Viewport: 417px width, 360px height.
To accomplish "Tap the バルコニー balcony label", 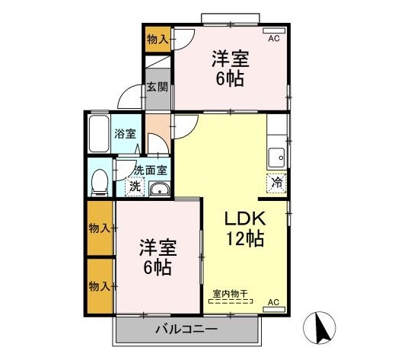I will click(187, 330).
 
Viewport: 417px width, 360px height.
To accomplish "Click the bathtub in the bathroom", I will click(100, 135).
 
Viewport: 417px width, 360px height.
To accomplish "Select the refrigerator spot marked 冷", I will click(278, 183).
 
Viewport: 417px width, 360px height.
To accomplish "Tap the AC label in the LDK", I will click(275, 302).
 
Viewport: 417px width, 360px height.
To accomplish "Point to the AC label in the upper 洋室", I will click(275, 36).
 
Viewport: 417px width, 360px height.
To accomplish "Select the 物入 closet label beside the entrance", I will click(158, 40).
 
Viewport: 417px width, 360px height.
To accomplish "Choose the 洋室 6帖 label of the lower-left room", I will click(158, 258).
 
